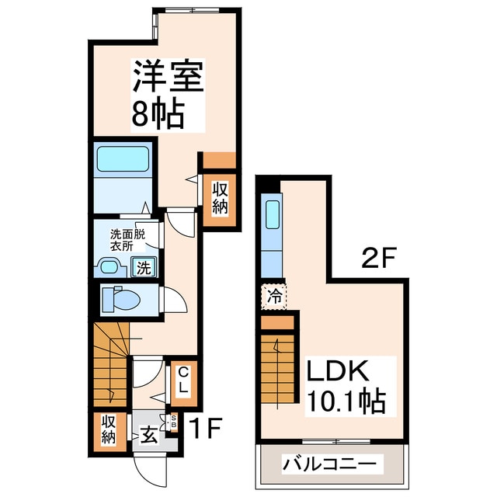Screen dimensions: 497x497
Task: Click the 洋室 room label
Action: point(168,78)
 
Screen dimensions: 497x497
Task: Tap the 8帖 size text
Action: point(158,115)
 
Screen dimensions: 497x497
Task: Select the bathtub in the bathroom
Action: point(122,160)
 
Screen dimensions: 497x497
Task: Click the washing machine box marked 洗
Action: point(145,268)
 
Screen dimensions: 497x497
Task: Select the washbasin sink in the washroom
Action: point(111,268)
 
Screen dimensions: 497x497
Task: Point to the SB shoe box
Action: point(174,421)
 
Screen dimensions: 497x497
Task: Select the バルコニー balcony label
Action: point(332,464)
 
